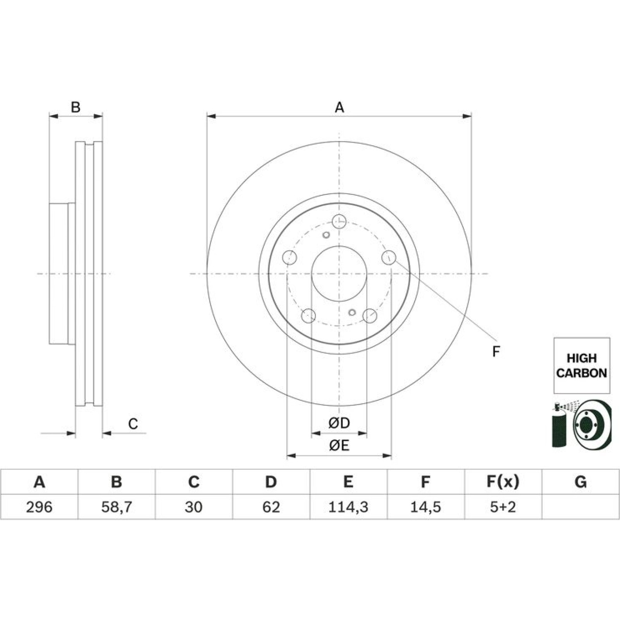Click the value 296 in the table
39,507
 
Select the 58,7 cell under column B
116,507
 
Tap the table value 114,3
348,507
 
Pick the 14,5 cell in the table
425,507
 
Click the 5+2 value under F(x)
503,507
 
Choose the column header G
580,482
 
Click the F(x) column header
503,482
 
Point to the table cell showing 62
271,507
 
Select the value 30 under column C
193,507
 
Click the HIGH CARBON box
582,365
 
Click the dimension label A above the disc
339,107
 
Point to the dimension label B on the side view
76,107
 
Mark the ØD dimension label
339,423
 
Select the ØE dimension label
339,446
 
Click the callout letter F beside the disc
496,351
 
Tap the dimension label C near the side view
133,424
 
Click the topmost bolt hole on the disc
339,221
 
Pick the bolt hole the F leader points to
389,257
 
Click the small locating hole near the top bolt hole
326,235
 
